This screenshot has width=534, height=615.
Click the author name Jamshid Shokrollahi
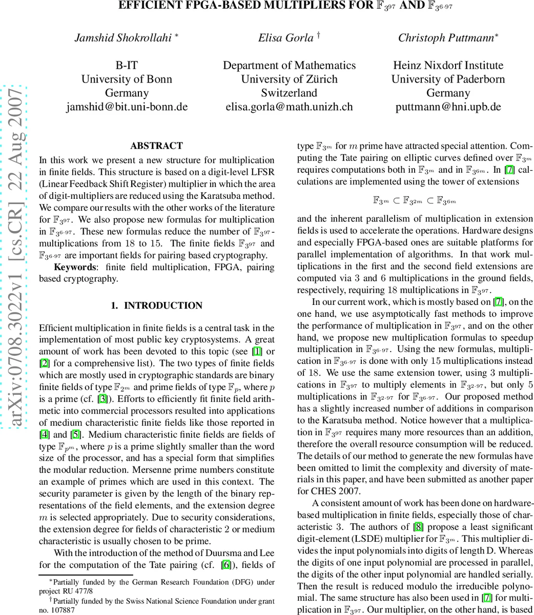[123, 37]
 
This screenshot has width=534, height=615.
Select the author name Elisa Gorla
[286, 37]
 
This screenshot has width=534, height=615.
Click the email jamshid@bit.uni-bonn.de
[127, 107]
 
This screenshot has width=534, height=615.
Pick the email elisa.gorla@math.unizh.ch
[289, 107]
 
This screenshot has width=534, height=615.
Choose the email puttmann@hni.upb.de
[448, 107]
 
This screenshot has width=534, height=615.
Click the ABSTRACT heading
[156, 146]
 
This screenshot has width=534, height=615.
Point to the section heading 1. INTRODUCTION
[156, 305]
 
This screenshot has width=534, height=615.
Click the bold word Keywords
[75, 267]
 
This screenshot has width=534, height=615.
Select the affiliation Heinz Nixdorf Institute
[448, 66]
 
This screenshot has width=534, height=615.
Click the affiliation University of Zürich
[289, 79]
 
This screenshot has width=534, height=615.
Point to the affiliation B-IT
[127, 66]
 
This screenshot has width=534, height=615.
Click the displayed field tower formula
[415, 200]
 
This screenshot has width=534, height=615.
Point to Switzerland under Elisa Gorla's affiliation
[289, 93]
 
